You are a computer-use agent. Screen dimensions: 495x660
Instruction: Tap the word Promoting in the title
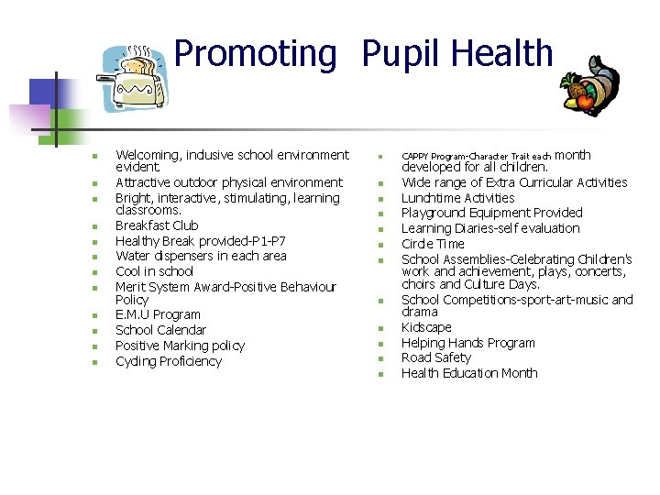click(255, 54)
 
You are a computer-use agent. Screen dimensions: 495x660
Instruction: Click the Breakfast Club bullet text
click(157, 225)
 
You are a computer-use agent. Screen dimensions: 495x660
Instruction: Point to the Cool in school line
click(154, 271)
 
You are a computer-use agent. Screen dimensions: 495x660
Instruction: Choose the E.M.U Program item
click(158, 314)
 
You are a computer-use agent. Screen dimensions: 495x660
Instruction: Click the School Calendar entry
click(160, 330)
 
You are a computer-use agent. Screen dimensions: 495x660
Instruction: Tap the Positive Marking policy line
click(180, 346)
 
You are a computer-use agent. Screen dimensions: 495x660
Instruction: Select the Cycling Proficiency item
click(169, 361)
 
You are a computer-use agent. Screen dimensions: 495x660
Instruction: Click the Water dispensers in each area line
click(201, 256)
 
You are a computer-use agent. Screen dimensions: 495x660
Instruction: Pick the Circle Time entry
click(433, 244)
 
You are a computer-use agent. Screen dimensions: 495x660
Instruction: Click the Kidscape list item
click(426, 327)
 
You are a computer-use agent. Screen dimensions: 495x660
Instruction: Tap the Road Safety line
click(435, 357)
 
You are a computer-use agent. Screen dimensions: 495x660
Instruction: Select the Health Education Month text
click(469, 373)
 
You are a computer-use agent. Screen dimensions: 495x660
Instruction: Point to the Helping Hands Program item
click(467, 343)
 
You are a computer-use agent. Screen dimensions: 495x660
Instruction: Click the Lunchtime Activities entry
click(457, 198)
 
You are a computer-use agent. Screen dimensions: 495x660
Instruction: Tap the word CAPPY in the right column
click(415, 157)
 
